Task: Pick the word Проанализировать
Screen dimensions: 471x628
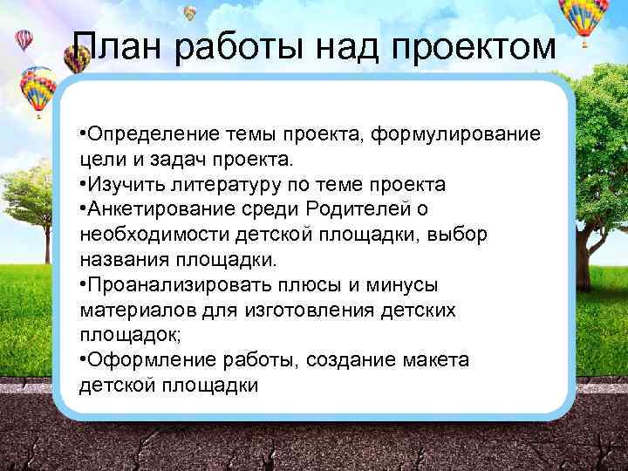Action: tap(165, 285)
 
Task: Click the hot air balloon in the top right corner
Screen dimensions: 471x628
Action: tap(584, 19)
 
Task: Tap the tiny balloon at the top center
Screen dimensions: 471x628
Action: tap(190, 12)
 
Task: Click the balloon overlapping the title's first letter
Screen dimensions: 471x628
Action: tap(78, 57)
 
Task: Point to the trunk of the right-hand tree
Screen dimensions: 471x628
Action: tap(598, 209)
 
